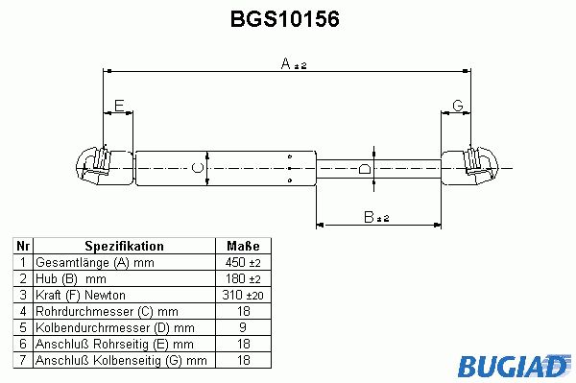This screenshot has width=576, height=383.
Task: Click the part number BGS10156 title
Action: [x=285, y=19]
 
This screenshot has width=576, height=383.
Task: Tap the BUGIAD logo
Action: [x=515, y=365]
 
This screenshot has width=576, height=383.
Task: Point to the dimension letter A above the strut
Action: [x=286, y=63]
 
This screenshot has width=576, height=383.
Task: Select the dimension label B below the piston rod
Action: [x=369, y=217]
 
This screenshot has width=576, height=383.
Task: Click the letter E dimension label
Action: [x=119, y=106]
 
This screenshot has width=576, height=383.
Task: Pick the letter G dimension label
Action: [x=458, y=106]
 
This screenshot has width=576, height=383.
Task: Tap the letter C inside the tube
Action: [x=198, y=168]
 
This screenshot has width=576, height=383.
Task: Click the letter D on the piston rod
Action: [x=365, y=169]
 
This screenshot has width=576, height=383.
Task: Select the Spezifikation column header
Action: [x=124, y=246]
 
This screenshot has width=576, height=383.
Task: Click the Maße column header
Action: [x=243, y=246]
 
